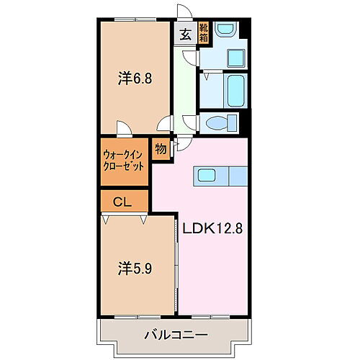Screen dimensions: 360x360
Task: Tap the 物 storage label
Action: point(160,151)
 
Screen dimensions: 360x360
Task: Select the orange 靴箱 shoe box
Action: point(205,33)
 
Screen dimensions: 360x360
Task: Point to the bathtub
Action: point(235,91)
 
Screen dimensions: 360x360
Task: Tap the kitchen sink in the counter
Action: point(206,175)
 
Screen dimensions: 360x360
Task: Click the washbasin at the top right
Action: point(226,30)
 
